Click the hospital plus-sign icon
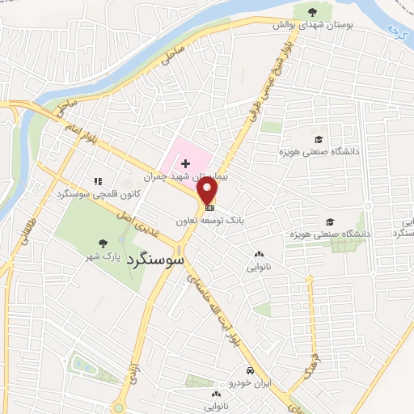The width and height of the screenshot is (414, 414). [x=186, y=163]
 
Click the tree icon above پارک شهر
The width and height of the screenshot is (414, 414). [x=102, y=243]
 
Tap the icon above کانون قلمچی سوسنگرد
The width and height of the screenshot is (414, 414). [x=99, y=181]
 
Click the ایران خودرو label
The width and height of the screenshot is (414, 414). [x=252, y=382]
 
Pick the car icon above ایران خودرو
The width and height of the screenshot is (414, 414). [x=252, y=370]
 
